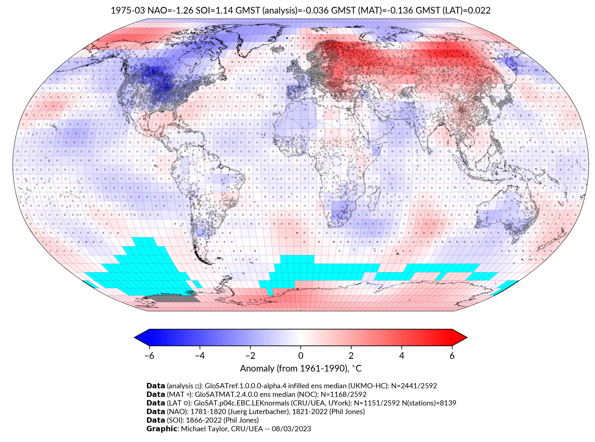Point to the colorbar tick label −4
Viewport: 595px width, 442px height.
pos(200,356)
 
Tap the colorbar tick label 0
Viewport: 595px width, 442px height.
pos(301,356)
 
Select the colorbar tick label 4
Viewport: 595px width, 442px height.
pos(402,356)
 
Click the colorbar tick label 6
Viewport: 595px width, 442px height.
pos(452,356)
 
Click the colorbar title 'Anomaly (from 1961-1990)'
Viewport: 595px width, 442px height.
pos(294,369)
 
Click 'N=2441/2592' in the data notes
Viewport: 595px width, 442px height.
pos(414,386)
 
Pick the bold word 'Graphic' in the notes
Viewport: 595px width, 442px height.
pos(162,429)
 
